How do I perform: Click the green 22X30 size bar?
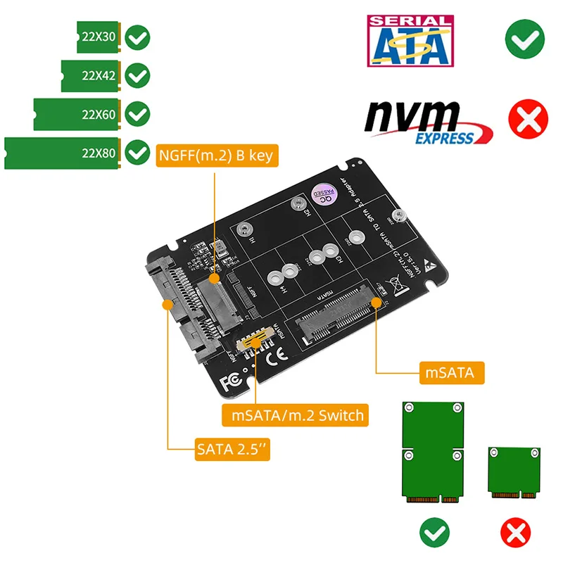point(98,35)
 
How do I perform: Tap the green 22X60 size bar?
point(77,114)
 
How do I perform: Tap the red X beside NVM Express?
point(525,120)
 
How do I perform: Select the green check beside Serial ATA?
point(524,38)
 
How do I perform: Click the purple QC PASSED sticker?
point(322,196)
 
